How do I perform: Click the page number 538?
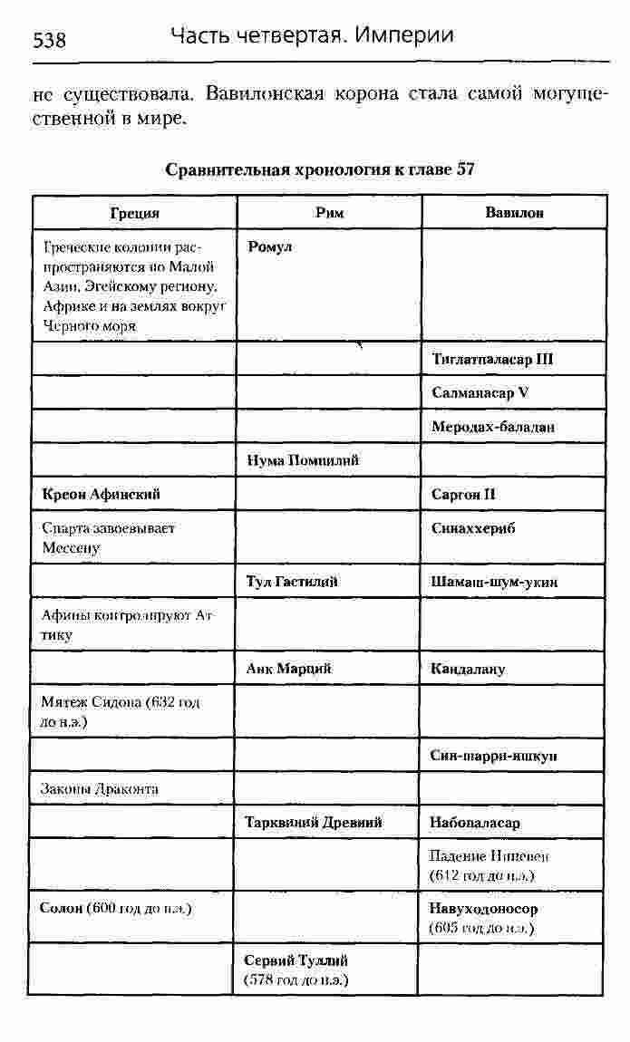click(x=49, y=41)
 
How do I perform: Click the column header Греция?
click(x=134, y=213)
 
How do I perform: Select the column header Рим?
click(x=329, y=213)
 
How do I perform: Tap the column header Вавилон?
click(x=514, y=213)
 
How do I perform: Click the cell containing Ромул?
click(x=269, y=246)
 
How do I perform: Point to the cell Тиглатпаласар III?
click(x=492, y=359)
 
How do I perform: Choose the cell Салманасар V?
click(x=480, y=392)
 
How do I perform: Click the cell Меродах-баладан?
click(x=493, y=426)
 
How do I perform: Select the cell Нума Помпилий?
click(x=303, y=460)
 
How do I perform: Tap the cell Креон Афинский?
click(x=102, y=495)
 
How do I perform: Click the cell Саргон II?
click(x=464, y=495)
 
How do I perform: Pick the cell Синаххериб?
click(x=473, y=529)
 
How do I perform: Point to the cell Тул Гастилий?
click(x=292, y=582)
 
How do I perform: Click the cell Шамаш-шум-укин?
click(x=494, y=582)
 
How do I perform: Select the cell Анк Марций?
click(x=288, y=669)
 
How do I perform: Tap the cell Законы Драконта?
click(x=100, y=788)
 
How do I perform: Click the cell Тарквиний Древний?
click(x=314, y=823)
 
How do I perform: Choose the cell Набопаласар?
click(x=475, y=823)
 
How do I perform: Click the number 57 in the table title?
click(x=466, y=169)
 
